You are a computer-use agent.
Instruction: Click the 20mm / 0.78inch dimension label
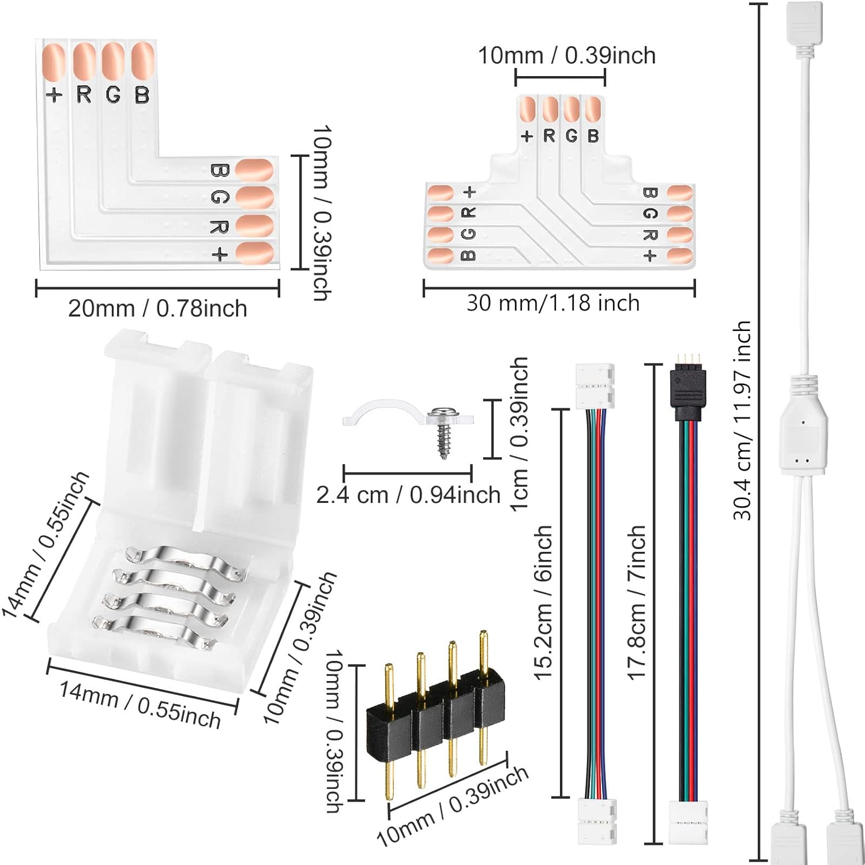tap(157, 309)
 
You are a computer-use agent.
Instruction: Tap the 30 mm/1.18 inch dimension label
tap(553, 303)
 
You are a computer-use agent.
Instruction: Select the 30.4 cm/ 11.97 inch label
tap(742, 421)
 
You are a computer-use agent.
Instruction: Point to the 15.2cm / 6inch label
tap(543, 603)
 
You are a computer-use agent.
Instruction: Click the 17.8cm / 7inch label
tap(637, 603)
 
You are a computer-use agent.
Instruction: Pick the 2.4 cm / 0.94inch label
tap(408, 495)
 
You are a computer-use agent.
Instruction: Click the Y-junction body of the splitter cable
tap(804, 438)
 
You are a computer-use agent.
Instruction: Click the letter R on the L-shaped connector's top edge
tap(84, 94)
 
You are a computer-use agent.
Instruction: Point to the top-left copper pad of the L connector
tap(54, 62)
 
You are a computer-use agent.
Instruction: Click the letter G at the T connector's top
tap(571, 136)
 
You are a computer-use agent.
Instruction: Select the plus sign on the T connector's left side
tap(469, 191)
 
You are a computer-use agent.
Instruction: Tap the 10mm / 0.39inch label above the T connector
tap(567, 55)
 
